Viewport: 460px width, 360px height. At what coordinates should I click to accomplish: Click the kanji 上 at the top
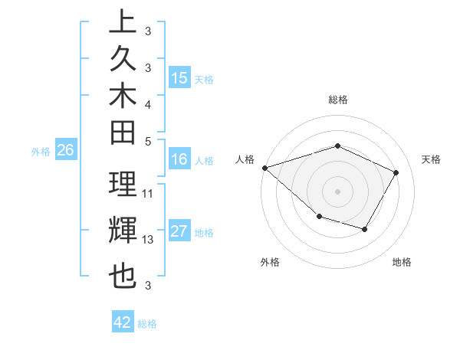click(123, 21)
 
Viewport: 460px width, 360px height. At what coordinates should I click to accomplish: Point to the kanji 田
click(123, 133)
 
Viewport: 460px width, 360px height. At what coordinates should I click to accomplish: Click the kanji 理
click(123, 185)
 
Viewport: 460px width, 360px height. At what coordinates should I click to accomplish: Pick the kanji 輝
click(123, 230)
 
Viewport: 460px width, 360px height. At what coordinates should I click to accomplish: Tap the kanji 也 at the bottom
click(123, 276)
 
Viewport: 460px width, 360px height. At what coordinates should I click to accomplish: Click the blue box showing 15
click(179, 78)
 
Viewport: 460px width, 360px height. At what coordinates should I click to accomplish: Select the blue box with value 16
click(179, 159)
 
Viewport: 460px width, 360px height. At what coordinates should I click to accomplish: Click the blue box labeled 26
click(65, 151)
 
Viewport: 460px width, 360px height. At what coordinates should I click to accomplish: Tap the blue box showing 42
click(123, 322)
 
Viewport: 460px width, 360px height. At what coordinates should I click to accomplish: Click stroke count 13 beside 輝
click(148, 240)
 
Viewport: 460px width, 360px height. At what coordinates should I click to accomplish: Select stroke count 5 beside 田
click(148, 141)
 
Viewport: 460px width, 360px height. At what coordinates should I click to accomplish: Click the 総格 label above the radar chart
click(338, 100)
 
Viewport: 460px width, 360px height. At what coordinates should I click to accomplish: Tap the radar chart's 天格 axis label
click(431, 159)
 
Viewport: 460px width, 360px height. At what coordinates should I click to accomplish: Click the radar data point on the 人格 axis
click(264, 167)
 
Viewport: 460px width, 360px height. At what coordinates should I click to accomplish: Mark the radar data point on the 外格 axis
click(319, 218)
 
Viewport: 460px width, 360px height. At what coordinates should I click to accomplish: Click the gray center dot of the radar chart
click(338, 191)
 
